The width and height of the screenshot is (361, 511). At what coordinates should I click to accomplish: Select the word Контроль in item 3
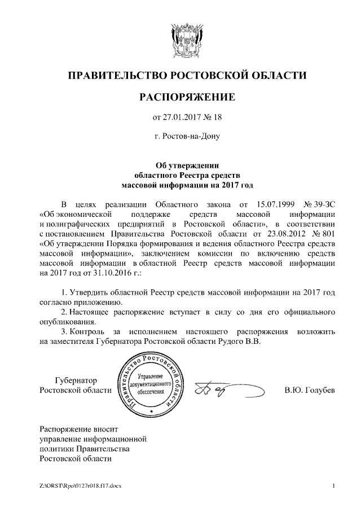tap(90, 331)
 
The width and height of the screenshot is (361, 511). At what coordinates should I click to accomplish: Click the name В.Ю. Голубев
tap(310, 391)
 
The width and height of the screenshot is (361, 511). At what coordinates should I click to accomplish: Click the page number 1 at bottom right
tap(334, 486)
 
